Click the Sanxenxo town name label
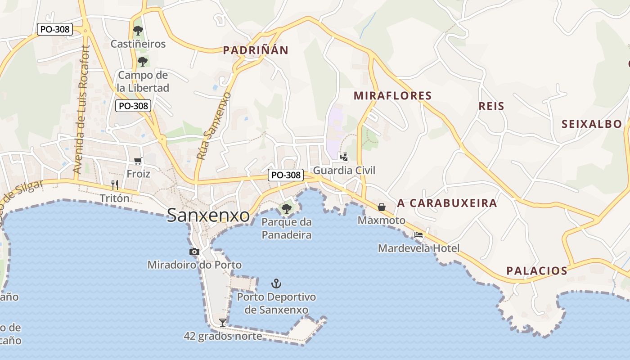(208, 216)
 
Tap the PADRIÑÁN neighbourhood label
(256, 50)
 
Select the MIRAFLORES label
(392, 95)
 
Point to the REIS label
(491, 106)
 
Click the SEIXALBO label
(592, 124)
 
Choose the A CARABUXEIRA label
(447, 203)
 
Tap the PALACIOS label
(537, 270)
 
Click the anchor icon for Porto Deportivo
(276, 283)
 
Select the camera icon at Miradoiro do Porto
(194, 252)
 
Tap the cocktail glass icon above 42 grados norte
(222, 322)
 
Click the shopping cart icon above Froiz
(138, 161)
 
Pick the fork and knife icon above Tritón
(115, 184)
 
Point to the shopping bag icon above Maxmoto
(382, 207)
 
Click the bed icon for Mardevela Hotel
(418, 235)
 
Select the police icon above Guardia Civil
(344, 157)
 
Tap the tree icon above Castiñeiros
(138, 31)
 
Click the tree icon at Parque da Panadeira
(286, 208)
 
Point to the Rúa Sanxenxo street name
(214, 126)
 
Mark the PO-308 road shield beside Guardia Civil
(285, 175)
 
